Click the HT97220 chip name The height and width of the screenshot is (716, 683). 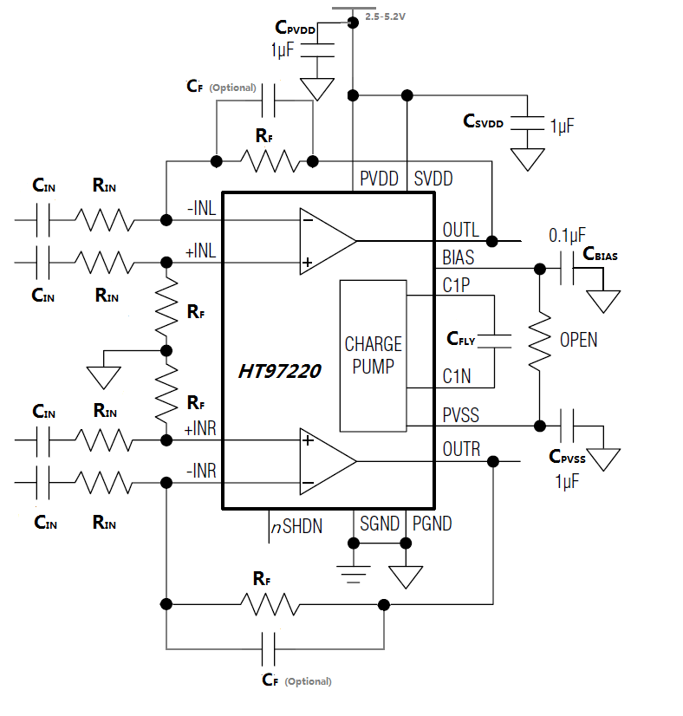coord(280,371)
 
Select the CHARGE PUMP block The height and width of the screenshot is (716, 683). coord(373,355)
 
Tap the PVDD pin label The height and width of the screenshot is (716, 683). coord(380,179)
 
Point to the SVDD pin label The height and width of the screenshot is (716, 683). coord(433,179)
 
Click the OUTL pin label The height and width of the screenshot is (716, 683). coord(460,231)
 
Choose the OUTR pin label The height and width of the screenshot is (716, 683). coord(461,451)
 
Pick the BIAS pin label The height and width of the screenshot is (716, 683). coord(459,257)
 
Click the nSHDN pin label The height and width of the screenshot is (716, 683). coord(296,524)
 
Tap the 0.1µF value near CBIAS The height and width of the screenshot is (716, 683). coord(567,235)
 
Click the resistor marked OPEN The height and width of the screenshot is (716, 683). coord(540,339)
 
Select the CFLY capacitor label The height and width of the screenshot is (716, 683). coord(461,339)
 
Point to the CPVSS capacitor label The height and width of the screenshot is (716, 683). coord(568,458)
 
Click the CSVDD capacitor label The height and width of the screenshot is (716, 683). coord(483,122)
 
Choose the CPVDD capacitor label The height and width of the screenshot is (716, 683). coord(295,29)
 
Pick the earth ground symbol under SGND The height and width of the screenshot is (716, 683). coord(353,573)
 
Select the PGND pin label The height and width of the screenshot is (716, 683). coord(432,524)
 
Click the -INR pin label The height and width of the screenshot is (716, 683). coord(200,472)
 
